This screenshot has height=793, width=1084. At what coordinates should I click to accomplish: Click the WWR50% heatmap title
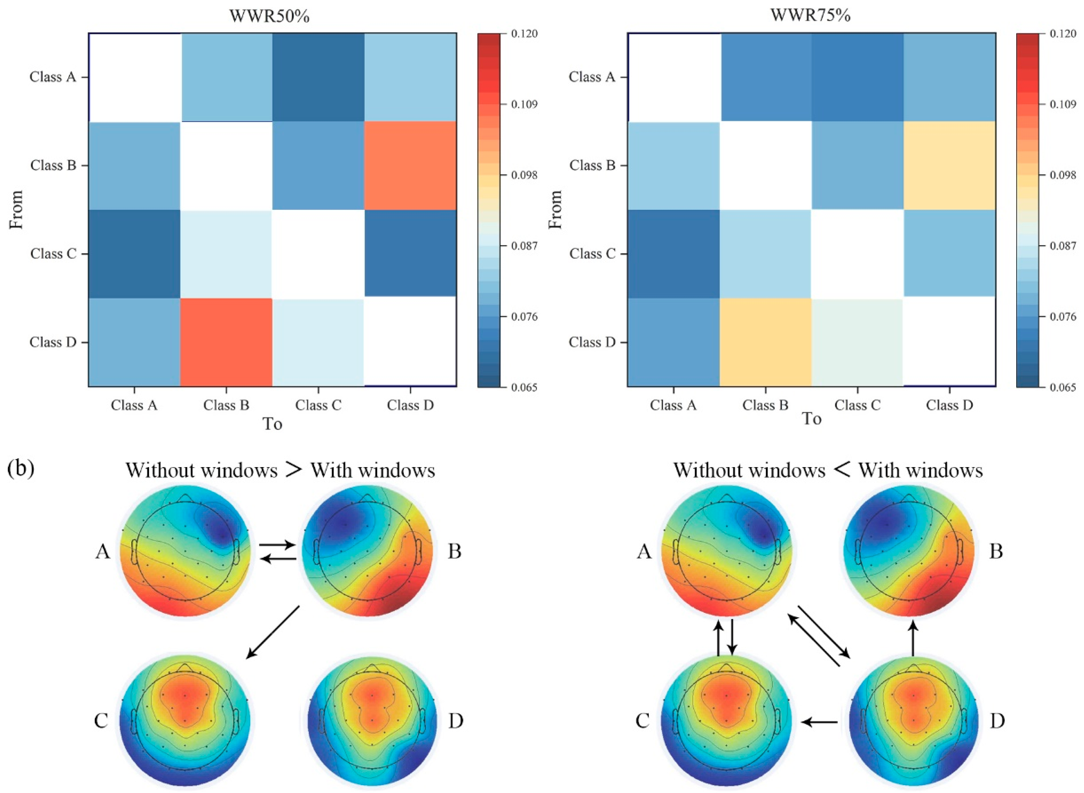click(x=269, y=16)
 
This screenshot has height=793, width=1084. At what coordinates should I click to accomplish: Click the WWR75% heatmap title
click(x=810, y=16)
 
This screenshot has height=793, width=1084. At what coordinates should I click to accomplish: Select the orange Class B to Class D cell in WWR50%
click(x=410, y=166)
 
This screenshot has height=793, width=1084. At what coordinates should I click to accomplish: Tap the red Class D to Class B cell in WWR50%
click(x=226, y=342)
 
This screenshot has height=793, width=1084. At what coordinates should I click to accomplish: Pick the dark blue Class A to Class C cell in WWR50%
click(x=318, y=77)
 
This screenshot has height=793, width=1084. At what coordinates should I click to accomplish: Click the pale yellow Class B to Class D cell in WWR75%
click(x=949, y=166)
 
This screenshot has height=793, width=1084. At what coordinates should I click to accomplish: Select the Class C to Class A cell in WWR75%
click(x=674, y=254)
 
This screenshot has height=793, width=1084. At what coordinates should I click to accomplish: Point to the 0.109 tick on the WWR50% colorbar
click(x=502, y=104)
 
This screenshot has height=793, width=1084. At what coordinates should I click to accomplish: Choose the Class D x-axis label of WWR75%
click(x=949, y=405)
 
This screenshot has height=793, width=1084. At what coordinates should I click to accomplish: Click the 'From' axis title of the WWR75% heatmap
click(x=555, y=209)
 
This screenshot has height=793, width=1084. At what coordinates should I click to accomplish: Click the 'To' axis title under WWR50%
click(x=272, y=424)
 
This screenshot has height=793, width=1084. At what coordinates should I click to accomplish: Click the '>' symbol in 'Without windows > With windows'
click(x=294, y=469)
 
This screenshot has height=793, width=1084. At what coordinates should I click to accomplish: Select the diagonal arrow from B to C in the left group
click(x=273, y=632)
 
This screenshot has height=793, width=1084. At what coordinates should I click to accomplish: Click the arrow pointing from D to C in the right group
click(x=820, y=721)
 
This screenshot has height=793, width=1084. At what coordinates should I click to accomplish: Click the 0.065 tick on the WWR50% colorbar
click(x=502, y=387)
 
